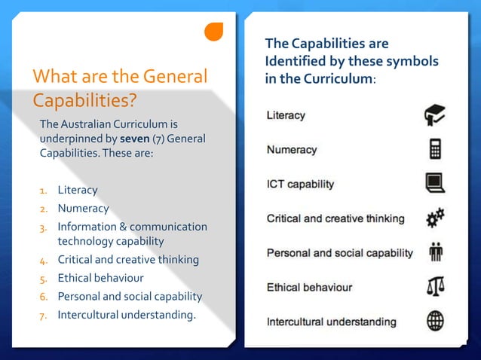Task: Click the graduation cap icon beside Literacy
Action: coord(434,115)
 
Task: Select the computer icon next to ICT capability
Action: coord(435,183)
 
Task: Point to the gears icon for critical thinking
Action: coord(435,218)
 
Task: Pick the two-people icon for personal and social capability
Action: coord(435,253)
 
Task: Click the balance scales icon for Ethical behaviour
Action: coord(435,287)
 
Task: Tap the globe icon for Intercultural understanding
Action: coord(435,322)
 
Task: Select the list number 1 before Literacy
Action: coord(44,191)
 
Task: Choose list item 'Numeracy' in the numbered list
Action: coord(83,209)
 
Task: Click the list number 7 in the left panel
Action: coord(44,315)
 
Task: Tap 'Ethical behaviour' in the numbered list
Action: coord(100,278)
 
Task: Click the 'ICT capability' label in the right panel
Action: coord(300,184)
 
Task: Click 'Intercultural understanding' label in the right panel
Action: coord(331,322)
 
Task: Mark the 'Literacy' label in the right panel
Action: coord(286,115)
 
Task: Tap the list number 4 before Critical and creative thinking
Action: coord(44,261)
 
